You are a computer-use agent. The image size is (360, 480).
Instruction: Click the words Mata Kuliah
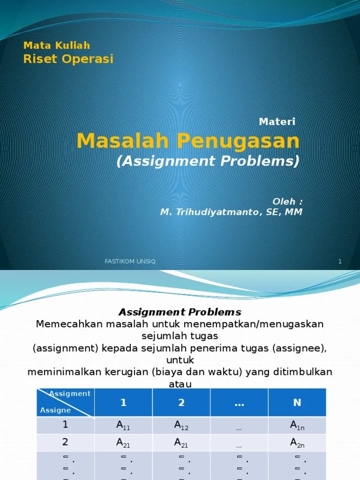point(57,45)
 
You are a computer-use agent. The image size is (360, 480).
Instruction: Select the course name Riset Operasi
point(68,59)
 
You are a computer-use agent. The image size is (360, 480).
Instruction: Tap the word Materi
point(277,121)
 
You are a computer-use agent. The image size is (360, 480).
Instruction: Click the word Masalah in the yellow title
point(122,141)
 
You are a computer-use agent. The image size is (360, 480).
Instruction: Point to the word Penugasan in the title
point(238,141)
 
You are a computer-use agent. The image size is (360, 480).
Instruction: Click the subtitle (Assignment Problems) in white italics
point(208,161)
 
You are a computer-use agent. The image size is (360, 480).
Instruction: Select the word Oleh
point(284,202)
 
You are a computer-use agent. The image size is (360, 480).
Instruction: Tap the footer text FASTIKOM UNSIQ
point(130,262)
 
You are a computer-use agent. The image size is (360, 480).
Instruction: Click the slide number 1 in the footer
point(340,262)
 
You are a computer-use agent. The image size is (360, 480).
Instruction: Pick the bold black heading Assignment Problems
point(180,312)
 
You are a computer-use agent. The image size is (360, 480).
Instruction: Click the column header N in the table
point(297,402)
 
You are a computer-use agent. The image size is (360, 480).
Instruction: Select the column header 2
point(181,402)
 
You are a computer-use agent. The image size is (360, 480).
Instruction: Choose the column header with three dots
point(239,405)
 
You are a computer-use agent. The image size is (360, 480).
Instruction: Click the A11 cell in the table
point(123,425)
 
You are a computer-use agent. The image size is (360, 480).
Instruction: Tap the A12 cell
point(181,425)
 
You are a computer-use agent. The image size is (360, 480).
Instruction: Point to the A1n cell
point(297,425)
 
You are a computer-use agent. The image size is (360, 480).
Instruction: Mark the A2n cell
point(297,443)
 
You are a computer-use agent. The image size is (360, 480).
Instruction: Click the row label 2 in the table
point(65,442)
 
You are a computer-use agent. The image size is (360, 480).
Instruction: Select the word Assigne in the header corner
point(55,410)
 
